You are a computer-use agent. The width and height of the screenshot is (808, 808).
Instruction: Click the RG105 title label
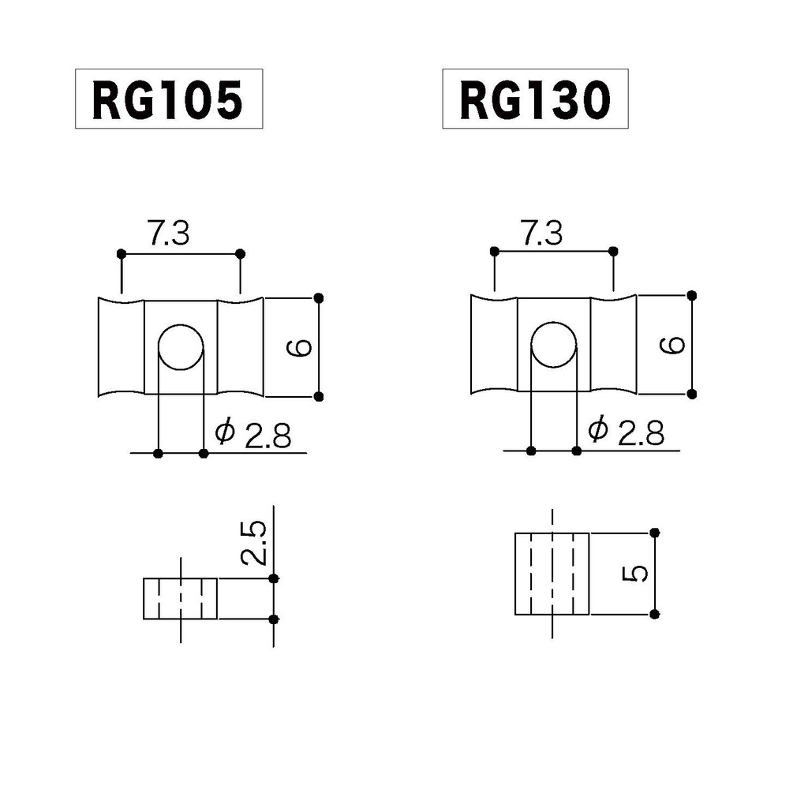pos(169,99)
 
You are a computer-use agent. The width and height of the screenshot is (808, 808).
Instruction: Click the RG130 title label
pos(536,99)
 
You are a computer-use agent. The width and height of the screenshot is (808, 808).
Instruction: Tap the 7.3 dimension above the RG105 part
pos(169,233)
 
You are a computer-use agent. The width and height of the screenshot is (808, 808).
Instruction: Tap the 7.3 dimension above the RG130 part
pos(541,233)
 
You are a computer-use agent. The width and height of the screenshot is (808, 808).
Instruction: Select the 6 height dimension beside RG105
pos(299,347)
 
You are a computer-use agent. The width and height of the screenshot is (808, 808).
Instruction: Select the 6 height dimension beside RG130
pos(672,345)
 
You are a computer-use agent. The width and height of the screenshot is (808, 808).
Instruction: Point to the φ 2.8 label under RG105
pos(253,434)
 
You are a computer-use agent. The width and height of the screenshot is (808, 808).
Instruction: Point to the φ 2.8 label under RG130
pos(626,431)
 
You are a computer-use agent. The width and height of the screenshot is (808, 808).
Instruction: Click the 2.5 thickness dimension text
pos(253,543)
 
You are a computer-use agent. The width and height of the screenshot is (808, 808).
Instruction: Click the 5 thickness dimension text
pos(635,574)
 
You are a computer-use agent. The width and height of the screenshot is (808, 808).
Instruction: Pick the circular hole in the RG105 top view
pos(181,347)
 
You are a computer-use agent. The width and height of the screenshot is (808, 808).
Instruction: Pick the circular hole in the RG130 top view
pos(554,344)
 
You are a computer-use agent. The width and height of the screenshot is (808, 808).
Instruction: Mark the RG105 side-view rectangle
pos(181,599)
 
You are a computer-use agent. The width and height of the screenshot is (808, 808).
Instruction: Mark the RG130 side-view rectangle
pos(552,574)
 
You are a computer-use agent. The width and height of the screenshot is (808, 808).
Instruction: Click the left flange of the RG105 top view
pos(121,347)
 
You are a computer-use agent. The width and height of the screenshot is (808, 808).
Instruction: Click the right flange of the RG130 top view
pos(613,345)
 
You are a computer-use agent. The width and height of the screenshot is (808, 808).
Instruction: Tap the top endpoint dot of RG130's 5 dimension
pos(655,533)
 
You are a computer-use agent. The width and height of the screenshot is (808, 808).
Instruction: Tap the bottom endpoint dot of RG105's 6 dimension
pos(319,396)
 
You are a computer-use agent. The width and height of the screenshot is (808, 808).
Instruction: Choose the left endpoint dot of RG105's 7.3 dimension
pos(122,254)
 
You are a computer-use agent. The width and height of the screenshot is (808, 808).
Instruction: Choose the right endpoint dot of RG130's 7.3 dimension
pos(613,252)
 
